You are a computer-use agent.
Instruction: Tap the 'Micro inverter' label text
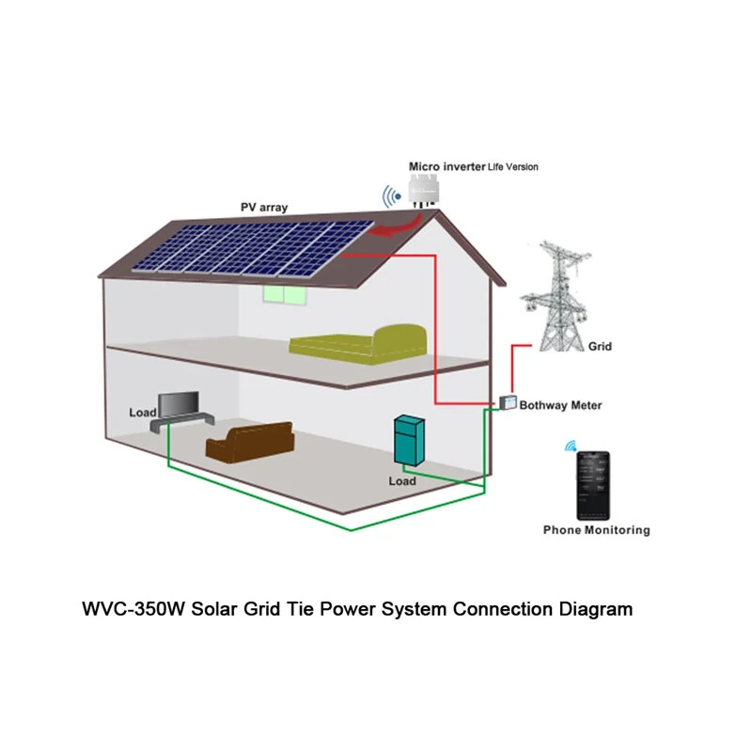(446, 166)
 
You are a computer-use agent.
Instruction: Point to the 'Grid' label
(600, 347)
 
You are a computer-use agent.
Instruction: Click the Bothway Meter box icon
(508, 402)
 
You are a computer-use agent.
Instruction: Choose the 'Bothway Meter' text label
(560, 405)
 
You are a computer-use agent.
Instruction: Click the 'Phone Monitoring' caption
(596, 530)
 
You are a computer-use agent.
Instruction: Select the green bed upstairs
(360, 341)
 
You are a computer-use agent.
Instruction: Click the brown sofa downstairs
(249, 442)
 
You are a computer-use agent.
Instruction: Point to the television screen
(177, 405)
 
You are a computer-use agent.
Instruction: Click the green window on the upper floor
(284, 294)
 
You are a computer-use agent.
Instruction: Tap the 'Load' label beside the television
(142, 413)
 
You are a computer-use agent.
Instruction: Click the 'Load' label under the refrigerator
(401, 481)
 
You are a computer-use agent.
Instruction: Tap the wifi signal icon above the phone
(570, 446)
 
